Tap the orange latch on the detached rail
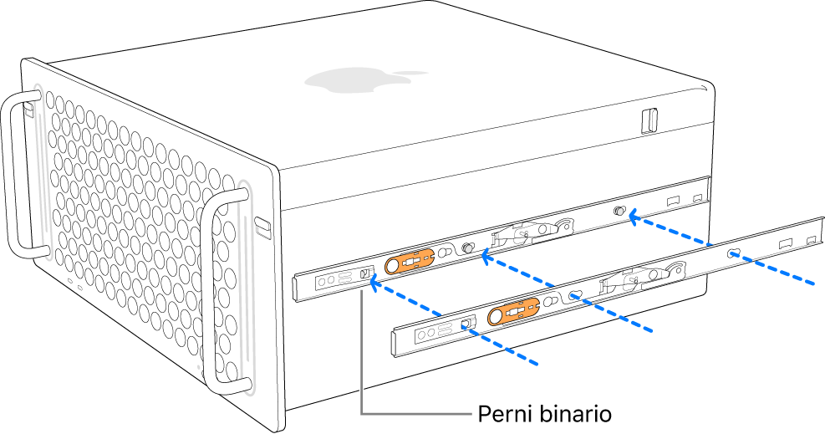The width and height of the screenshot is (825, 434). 514,313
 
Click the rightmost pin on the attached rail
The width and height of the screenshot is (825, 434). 620,212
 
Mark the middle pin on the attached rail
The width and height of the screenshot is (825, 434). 468,249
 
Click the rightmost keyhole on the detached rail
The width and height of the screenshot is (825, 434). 733,253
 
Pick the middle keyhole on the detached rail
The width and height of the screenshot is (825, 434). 575,295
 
